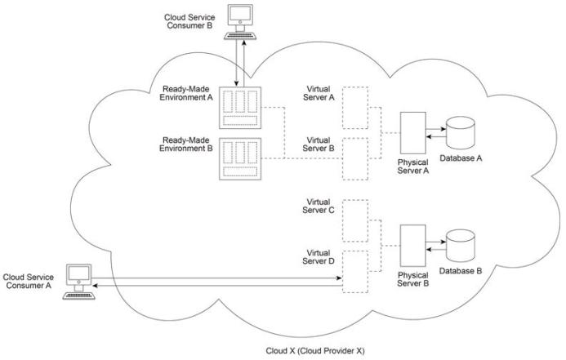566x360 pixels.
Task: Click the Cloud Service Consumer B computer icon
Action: pyautogui.click(x=240, y=20)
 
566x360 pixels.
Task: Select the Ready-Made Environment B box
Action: pyautogui.click(x=239, y=157)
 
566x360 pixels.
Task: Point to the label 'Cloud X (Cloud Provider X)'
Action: pyautogui.click(x=314, y=350)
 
